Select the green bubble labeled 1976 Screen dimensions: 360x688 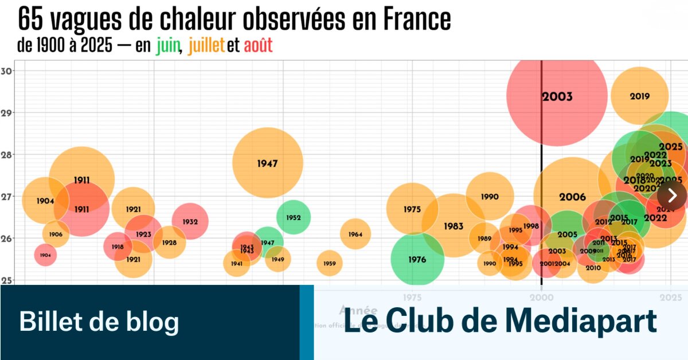[417, 260]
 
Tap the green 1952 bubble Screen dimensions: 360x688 [293, 218]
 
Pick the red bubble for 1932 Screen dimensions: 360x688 [190, 221]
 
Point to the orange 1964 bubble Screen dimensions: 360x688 [355, 234]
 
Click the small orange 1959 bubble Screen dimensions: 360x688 [329, 264]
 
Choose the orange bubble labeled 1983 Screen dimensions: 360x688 [453, 226]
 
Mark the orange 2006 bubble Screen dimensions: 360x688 [572, 197]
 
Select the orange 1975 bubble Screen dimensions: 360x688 [412, 209]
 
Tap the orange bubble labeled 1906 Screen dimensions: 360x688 [56, 234]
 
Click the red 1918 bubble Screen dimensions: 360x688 [118, 246]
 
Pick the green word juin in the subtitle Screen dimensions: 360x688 [168, 46]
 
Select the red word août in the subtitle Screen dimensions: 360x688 [258, 46]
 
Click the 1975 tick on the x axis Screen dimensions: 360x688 [412, 298]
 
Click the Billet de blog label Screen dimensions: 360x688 [99, 322]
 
